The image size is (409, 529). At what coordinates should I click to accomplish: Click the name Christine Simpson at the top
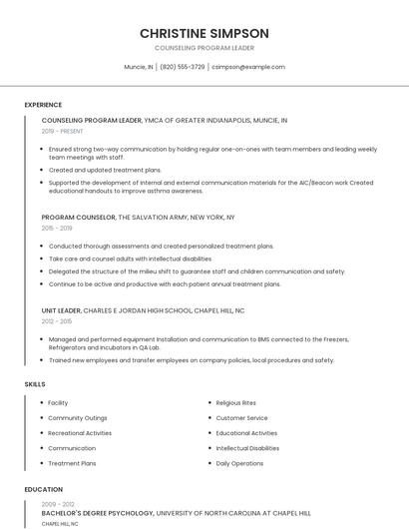click(x=204, y=33)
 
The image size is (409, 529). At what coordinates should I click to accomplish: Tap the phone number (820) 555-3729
click(x=182, y=67)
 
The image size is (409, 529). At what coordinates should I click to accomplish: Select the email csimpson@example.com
click(x=248, y=67)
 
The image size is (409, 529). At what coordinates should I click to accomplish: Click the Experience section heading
click(x=43, y=105)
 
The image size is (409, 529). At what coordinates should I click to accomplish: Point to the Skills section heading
click(x=35, y=384)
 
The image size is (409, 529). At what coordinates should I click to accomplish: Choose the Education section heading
click(x=43, y=490)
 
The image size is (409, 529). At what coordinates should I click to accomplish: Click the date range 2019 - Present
click(x=63, y=131)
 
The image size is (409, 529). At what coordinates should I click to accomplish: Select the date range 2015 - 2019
click(x=57, y=228)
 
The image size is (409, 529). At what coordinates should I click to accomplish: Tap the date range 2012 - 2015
click(x=57, y=321)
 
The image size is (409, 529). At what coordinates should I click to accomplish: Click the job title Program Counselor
click(x=79, y=217)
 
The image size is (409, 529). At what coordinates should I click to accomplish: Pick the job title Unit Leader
click(x=62, y=310)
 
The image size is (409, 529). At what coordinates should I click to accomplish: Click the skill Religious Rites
click(x=236, y=403)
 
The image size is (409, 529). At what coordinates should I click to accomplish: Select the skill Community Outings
click(x=77, y=418)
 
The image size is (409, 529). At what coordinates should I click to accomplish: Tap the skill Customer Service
click(x=241, y=418)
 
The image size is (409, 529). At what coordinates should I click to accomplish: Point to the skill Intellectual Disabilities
click(x=247, y=448)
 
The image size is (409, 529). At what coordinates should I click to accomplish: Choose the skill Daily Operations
click(x=239, y=463)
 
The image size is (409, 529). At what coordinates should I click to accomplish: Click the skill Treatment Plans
click(x=72, y=463)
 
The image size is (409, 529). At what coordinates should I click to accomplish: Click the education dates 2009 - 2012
click(x=57, y=503)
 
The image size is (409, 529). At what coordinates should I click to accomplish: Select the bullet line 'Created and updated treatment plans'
click(x=105, y=170)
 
